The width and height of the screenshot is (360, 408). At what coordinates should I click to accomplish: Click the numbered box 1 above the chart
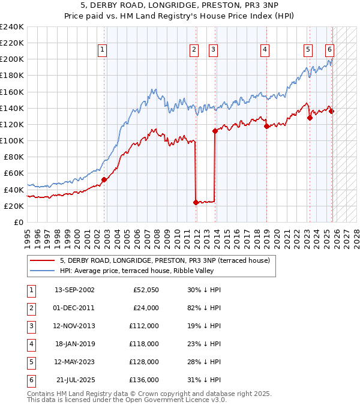point(103,50)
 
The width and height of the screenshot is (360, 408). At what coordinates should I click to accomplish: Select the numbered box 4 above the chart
point(265,50)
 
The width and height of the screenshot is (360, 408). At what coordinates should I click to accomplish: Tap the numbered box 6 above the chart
point(330,50)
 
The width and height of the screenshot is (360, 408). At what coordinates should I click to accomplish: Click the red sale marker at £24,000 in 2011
point(196,202)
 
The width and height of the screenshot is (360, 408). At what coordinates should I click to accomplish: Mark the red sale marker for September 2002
point(104,179)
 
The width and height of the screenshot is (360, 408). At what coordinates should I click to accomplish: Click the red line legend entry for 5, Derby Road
point(165,260)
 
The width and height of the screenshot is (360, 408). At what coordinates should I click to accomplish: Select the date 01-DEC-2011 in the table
point(74,308)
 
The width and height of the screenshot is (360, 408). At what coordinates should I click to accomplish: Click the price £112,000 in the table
point(143,326)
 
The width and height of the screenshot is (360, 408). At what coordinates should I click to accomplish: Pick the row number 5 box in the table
point(29,362)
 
